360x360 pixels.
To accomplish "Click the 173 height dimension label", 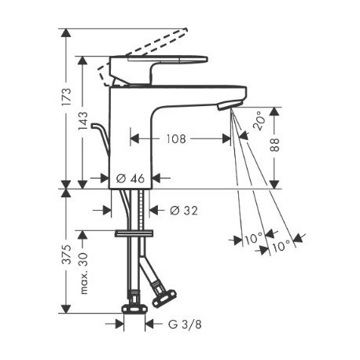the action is [x=67, y=97].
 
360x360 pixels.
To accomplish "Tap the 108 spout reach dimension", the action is [x=176, y=139].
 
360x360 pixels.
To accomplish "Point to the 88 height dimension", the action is [x=275, y=145].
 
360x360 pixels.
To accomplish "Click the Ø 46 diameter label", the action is [x=130, y=178].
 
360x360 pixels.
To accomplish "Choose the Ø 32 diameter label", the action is [x=184, y=210].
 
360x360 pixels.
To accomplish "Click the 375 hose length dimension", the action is [x=67, y=255].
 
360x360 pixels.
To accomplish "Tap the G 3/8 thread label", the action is [x=185, y=325].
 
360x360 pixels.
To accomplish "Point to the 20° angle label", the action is [x=258, y=121].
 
